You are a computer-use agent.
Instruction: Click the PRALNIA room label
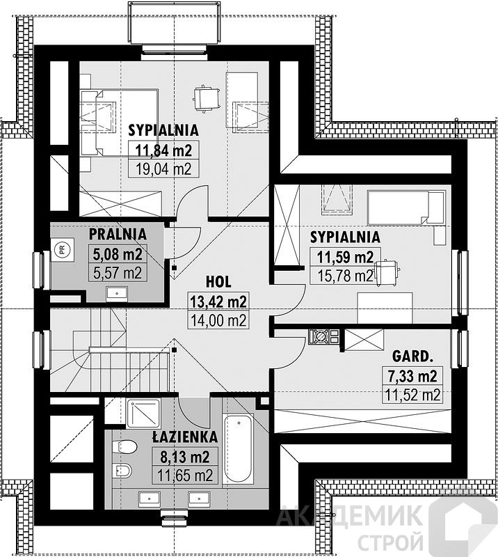pyautogui.click(x=118, y=234)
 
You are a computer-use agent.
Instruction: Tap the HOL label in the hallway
pyautogui.click(x=218, y=282)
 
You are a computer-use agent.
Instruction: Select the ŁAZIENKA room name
pyautogui.click(x=184, y=437)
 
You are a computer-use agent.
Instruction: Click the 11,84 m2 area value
pyautogui.click(x=163, y=150)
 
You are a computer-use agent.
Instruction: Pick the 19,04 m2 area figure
pyautogui.click(x=163, y=169)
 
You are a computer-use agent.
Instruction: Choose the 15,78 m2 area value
pyautogui.click(x=345, y=276)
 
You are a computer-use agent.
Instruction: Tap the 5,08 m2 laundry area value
pyautogui.click(x=117, y=254)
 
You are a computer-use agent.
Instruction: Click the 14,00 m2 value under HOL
pyautogui.click(x=218, y=320)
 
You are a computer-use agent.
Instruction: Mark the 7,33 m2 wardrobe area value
pyautogui.click(x=412, y=376)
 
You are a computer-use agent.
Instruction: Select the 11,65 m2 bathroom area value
pyautogui.click(x=184, y=476)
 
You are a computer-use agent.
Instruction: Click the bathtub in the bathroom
pyautogui.click(x=239, y=448)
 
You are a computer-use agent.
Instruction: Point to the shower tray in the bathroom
pyautogui.click(x=143, y=412)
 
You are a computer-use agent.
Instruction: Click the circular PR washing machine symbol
pyautogui.click(x=63, y=249)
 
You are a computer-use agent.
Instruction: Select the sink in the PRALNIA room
pyautogui.click(x=117, y=294)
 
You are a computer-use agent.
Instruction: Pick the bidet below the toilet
pyautogui.click(x=122, y=471)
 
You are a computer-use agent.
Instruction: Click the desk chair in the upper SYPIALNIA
pyautogui.click(x=204, y=98)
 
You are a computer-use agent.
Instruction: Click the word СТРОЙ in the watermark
pyautogui.click(x=390, y=542)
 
